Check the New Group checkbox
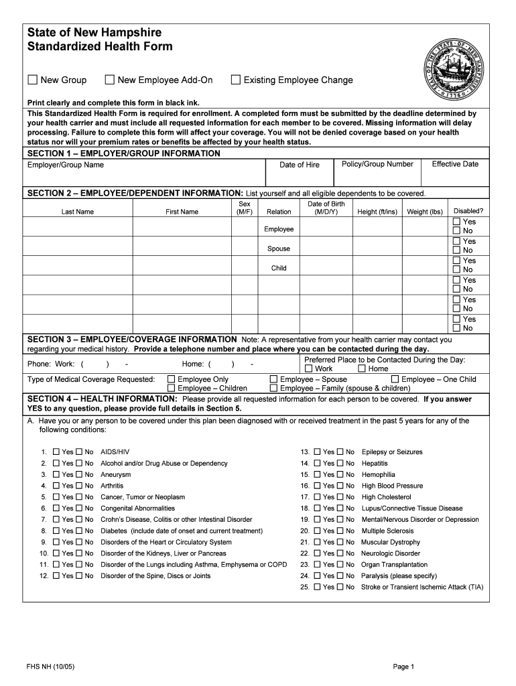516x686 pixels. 32,80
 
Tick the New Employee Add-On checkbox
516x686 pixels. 110,80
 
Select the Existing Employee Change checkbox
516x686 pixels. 235,80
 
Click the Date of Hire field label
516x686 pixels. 299,165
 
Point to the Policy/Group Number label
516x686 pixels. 377,164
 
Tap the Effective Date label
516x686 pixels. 455,164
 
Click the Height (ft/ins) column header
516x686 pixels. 377,212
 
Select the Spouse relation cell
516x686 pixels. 279,249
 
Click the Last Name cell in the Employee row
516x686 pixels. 77,229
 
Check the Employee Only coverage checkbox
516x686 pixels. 171,379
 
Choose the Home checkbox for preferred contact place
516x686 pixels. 362,368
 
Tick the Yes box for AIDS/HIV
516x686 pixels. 57,452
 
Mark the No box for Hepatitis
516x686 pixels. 340,464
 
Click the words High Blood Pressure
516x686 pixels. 392,486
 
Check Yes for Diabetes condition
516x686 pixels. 57,531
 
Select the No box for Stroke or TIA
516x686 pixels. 340,588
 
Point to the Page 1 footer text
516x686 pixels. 404,667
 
